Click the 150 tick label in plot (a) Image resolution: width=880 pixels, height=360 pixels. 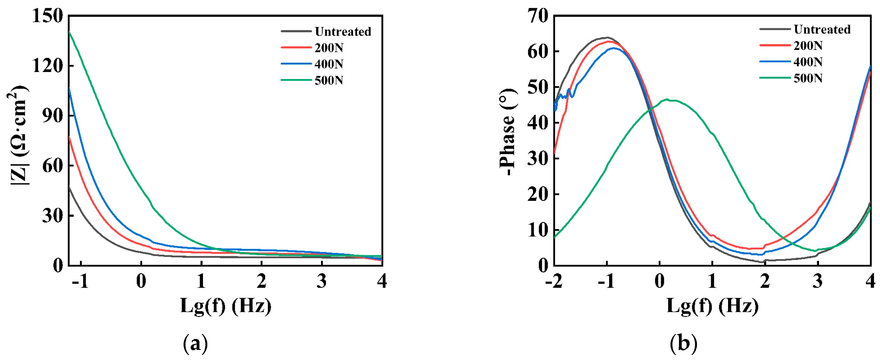pyautogui.click(x=47, y=16)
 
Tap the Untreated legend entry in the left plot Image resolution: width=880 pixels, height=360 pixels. pyautogui.click(x=343, y=31)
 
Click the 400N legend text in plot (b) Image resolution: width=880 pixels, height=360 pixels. pyautogui.click(x=808, y=62)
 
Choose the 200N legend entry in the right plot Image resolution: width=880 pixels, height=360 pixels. pyautogui.click(x=808, y=46)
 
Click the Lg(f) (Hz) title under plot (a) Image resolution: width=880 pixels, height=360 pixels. pyautogui.click(x=226, y=306)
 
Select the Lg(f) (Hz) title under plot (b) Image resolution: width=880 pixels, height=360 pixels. pyautogui.click(x=713, y=306)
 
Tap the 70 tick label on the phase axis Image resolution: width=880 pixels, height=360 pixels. pyautogui.click(x=538, y=16)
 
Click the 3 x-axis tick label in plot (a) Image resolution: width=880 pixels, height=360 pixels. pyautogui.click(x=321, y=281)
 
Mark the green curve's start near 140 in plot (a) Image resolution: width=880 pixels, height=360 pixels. pyautogui.click(x=70, y=32)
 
